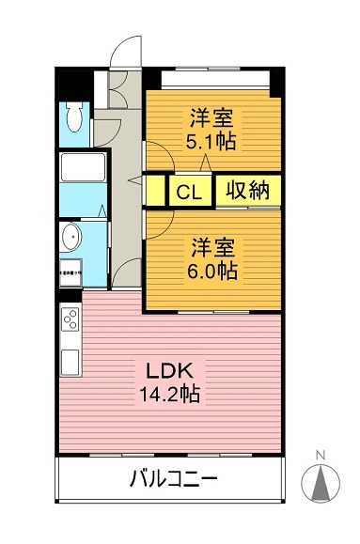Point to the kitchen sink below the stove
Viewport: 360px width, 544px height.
[x=70, y=358]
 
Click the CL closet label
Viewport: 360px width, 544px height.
[x=189, y=192]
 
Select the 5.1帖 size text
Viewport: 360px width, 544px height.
[x=211, y=143]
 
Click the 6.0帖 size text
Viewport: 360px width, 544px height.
[x=213, y=272]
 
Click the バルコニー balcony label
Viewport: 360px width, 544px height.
[x=173, y=480]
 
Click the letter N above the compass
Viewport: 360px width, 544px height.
[x=320, y=457]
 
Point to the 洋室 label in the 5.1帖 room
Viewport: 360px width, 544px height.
[x=212, y=119]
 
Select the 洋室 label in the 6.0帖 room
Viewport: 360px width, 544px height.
[x=213, y=247]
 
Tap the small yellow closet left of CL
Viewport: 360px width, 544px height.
[x=156, y=191]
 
